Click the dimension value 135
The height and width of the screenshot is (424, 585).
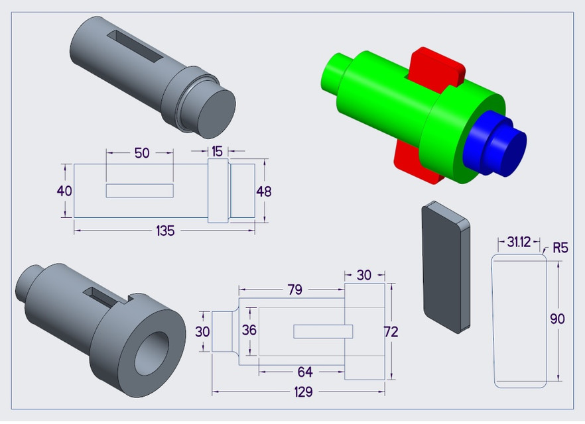pyautogui.click(x=165, y=231)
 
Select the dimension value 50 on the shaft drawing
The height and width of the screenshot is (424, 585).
pyautogui.click(x=142, y=153)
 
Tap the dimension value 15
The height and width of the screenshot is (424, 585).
pyautogui.click(x=218, y=152)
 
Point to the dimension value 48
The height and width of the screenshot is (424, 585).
pyautogui.click(x=264, y=191)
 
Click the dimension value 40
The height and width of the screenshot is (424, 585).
pyautogui.click(x=64, y=191)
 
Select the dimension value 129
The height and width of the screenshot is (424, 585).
pyautogui.click(x=303, y=392)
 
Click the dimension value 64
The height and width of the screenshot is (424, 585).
pyautogui.click(x=304, y=372)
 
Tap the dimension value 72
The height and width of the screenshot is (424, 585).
pyautogui.click(x=391, y=332)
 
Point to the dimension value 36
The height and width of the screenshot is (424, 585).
pyautogui.click(x=249, y=330)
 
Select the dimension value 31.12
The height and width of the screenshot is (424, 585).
pyautogui.click(x=519, y=242)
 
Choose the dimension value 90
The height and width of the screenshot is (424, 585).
pyautogui.click(x=558, y=319)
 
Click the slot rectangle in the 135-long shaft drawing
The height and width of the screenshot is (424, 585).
pyautogui.click(x=140, y=191)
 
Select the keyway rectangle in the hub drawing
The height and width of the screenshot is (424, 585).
pyautogui.click(x=322, y=331)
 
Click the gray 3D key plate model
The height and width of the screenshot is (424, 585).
pyautogui.click(x=444, y=265)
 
